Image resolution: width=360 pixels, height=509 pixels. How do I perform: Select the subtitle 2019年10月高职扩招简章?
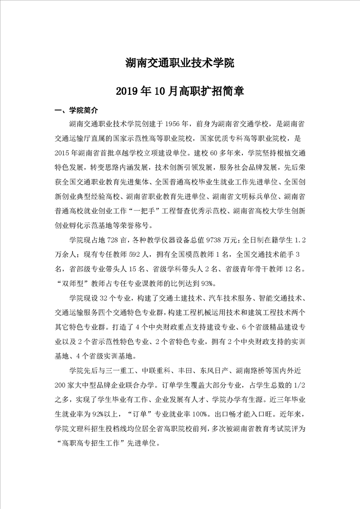[180, 91]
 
